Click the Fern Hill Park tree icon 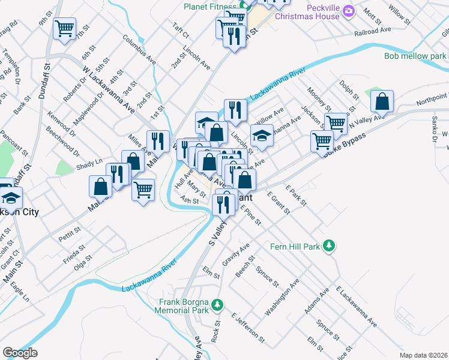pyautogui.click(x=328, y=246)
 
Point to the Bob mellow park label pyautogui.click(x=415, y=56)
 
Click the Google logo pyautogui.click(x=20, y=353)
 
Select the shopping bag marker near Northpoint pyautogui.click(x=382, y=103)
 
